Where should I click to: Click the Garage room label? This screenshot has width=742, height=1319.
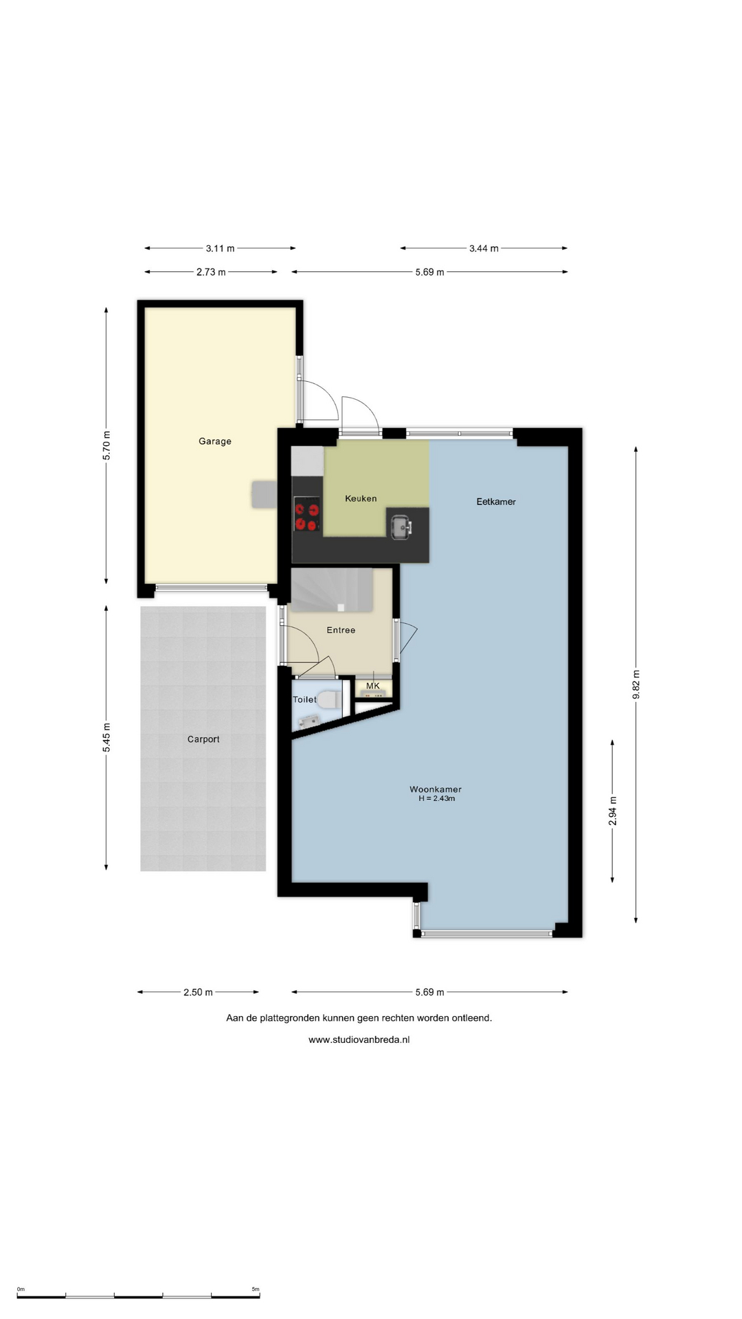click(215, 441)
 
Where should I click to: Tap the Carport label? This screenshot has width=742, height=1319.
click(203, 739)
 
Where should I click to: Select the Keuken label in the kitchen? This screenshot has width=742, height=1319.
click(361, 498)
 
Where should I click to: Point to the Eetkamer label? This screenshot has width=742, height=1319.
click(496, 501)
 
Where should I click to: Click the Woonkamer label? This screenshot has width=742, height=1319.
click(436, 789)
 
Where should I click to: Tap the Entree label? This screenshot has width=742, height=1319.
click(341, 630)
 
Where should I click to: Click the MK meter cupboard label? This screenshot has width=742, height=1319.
click(373, 686)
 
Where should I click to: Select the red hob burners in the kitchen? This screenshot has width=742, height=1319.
click(307, 517)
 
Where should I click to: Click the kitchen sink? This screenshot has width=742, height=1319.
click(401, 527)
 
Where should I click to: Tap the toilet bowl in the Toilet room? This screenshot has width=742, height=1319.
click(328, 700)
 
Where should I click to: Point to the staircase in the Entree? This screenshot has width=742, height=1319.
click(332, 589)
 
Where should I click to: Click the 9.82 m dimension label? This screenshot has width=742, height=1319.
click(636, 685)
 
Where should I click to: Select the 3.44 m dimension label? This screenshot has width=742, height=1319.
click(484, 248)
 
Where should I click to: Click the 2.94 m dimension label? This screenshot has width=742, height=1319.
click(613, 811)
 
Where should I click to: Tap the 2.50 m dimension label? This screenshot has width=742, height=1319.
click(198, 992)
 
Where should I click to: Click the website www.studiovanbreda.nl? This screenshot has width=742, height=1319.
click(359, 1039)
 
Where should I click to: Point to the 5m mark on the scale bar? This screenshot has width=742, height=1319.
click(256, 1289)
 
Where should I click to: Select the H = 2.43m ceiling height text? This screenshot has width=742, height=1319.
click(437, 799)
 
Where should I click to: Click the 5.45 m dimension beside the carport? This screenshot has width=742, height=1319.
click(106, 738)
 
